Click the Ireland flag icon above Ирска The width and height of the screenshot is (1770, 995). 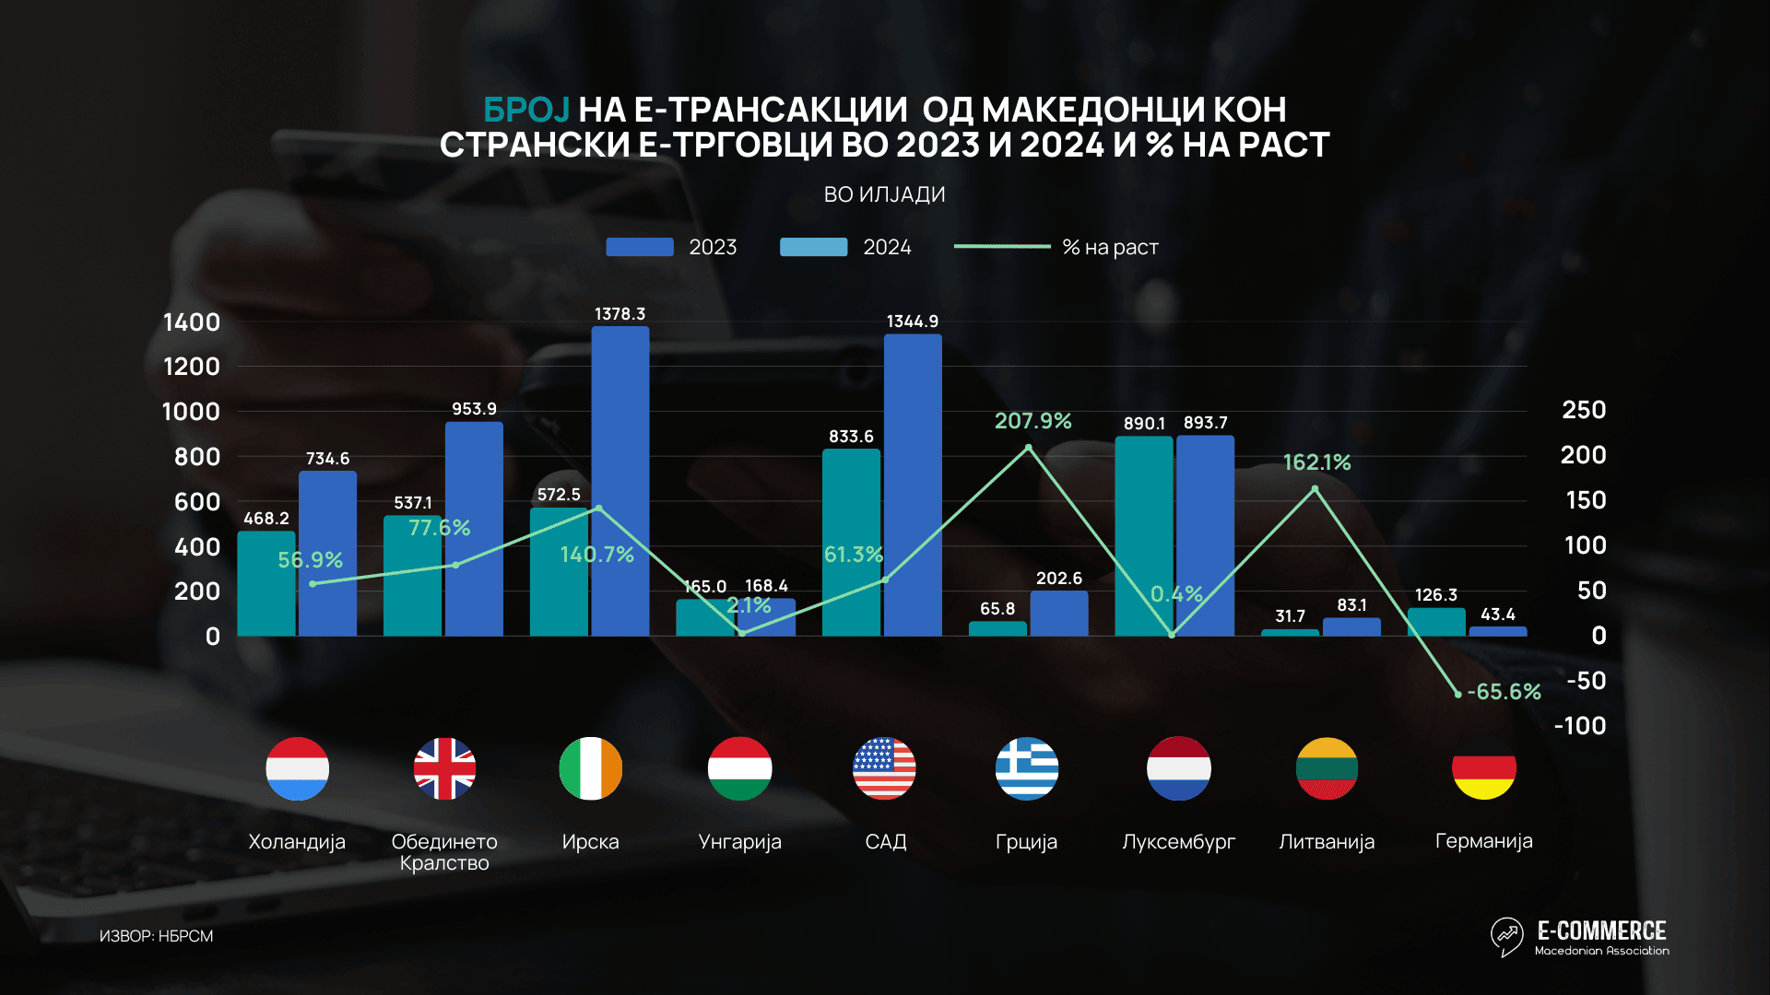tap(591, 768)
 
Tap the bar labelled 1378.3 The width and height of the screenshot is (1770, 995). tap(619, 481)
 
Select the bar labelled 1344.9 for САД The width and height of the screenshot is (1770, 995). tap(913, 485)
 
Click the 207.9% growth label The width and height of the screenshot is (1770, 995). tap(1032, 421)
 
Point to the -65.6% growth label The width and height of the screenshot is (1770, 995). tap(1504, 692)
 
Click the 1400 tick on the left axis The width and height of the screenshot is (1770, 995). tap(192, 322)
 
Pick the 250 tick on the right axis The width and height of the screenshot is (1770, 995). tap(1584, 410)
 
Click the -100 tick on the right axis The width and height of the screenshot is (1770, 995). tap(1580, 726)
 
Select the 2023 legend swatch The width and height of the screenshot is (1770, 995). tap(640, 247)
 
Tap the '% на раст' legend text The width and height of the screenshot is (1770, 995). tap(1110, 247)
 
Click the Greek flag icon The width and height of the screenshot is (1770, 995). tap(1027, 768)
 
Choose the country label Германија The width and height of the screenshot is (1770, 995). tap(1483, 841)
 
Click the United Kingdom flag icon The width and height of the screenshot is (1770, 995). tap(444, 768)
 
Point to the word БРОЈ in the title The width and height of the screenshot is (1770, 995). tap(526, 110)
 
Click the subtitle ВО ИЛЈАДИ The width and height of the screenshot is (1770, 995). tap(884, 194)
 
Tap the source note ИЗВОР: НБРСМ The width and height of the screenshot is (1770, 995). tap(156, 936)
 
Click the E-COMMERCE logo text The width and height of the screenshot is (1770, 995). tap(1601, 931)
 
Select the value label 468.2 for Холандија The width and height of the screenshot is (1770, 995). tap(266, 519)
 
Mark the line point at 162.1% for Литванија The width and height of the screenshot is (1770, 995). tap(1315, 489)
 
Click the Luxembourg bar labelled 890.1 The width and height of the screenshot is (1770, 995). tap(1143, 536)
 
